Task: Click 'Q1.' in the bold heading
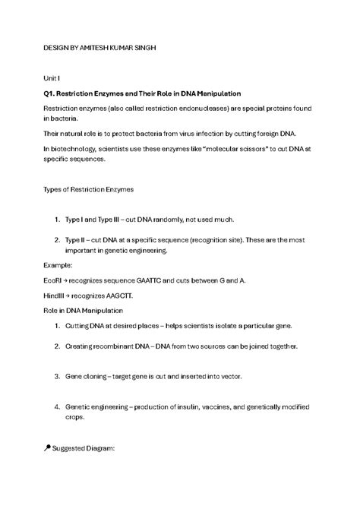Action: (52, 93)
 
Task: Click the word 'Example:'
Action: (58, 267)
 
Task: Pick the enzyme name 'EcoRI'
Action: (54, 281)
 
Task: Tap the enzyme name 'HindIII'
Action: (56, 296)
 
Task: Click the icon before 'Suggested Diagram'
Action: (48, 449)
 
